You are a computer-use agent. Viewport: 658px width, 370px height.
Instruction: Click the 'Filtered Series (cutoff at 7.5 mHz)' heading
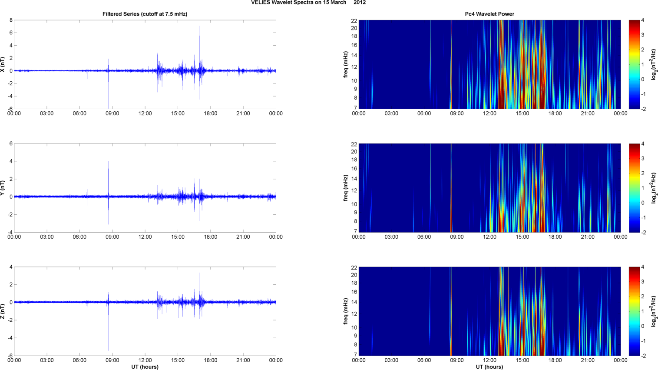tap(145, 14)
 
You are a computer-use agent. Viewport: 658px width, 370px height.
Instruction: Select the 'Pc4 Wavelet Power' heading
tap(489, 14)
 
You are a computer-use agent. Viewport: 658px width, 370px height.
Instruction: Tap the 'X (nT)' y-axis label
tap(3, 64)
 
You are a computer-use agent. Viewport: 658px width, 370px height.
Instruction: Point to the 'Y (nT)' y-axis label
tap(3, 188)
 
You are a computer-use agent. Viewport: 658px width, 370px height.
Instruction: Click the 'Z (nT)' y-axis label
tap(3, 311)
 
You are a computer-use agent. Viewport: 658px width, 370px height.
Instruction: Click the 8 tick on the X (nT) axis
tap(11, 20)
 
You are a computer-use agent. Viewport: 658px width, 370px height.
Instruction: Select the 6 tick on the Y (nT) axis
tap(11, 143)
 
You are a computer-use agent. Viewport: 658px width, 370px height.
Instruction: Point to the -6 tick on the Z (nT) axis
tap(9, 356)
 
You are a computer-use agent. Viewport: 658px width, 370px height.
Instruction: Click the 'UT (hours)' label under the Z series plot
tap(145, 367)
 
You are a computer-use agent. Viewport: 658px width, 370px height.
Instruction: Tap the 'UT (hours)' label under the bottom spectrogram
tap(489, 367)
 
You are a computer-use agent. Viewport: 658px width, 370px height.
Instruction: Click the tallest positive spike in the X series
tap(200, 27)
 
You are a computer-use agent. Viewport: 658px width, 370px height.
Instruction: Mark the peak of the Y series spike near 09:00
tap(109, 162)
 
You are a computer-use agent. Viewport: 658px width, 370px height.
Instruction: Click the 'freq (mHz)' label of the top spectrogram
tap(346, 64)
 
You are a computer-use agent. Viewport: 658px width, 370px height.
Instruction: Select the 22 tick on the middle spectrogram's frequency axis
tap(354, 144)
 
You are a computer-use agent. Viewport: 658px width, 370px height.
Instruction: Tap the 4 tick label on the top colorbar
tap(642, 20)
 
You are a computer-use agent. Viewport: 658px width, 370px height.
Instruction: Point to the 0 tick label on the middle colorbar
tap(642, 203)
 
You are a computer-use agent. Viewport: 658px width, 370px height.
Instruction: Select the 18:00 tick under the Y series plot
tap(210, 237)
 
